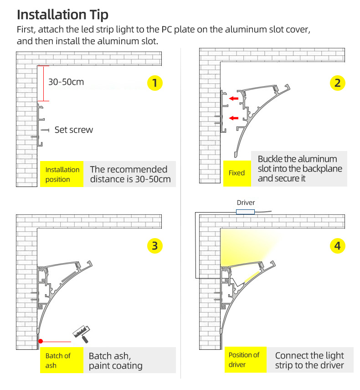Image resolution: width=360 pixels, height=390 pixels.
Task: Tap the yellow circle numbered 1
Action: [155, 83]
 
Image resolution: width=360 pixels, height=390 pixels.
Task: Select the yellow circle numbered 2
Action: [337, 83]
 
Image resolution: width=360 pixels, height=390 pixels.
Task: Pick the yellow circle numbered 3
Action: [155, 246]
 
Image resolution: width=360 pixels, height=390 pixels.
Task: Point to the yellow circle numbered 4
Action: [337, 246]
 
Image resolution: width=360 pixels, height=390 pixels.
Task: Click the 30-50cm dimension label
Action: [66, 83]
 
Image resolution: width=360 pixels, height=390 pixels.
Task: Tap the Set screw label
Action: [73, 130]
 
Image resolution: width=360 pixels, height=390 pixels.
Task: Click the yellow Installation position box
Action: [62, 174]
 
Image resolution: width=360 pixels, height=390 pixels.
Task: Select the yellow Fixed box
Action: [237, 173]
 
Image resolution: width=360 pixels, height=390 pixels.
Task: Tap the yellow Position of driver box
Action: [244, 360]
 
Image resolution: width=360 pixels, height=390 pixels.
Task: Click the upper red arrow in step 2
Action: [234, 99]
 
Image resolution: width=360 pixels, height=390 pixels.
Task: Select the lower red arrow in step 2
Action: [234, 119]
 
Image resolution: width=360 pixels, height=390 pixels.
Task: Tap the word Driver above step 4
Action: [246, 203]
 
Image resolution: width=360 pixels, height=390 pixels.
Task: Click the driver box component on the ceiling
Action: [246, 212]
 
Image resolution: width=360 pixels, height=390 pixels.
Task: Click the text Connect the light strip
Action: [309, 360]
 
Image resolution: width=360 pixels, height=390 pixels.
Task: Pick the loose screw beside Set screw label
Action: [45, 130]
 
